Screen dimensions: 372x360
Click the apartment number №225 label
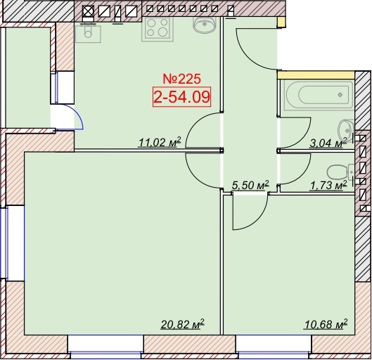coord(181,79)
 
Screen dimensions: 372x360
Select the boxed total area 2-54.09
coord(181,97)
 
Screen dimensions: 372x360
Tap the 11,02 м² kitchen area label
coord(160,142)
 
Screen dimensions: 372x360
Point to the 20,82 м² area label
coord(182,324)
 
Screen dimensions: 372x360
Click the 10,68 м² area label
coord(326,324)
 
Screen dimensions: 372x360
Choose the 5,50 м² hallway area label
coord(250,185)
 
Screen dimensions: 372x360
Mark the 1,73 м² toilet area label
coord(328,185)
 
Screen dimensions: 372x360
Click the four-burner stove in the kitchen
coord(158,30)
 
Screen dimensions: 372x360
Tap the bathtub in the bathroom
coord(319,95)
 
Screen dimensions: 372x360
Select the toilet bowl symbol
coord(338,172)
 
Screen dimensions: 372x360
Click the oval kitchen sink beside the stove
coord(205,25)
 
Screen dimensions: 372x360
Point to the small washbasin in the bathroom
coord(346,130)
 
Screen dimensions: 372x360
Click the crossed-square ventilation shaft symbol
coord(88,11)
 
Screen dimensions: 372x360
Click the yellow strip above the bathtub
coord(316,75)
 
